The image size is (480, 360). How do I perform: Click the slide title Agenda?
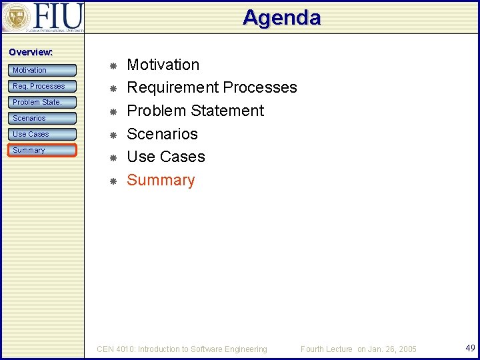pyautogui.click(x=281, y=17)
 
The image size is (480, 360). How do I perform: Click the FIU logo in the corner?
pyautogui.click(x=43, y=17)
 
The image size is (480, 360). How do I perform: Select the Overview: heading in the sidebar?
pyautogui.click(x=31, y=52)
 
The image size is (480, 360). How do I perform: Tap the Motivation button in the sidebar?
pyautogui.click(x=43, y=70)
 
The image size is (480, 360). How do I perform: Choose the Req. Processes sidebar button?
pyautogui.click(x=43, y=86)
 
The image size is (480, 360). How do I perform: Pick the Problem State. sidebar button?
pyautogui.click(x=43, y=102)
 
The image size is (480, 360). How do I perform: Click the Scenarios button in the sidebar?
pyautogui.click(x=43, y=118)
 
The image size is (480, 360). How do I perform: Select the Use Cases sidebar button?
pyautogui.click(x=43, y=134)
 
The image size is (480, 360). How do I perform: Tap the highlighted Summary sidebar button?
pyautogui.click(x=43, y=150)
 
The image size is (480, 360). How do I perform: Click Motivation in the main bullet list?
pyautogui.click(x=163, y=65)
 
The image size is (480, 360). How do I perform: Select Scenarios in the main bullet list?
pyautogui.click(x=162, y=134)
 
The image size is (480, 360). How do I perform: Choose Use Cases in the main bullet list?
pyautogui.click(x=165, y=157)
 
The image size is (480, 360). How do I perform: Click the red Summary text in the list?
pyautogui.click(x=161, y=180)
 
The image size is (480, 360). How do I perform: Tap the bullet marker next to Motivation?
pyautogui.click(x=113, y=66)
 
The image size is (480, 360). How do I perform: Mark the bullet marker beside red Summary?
pyautogui.click(x=113, y=181)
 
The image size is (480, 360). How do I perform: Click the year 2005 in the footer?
pyautogui.click(x=407, y=349)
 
